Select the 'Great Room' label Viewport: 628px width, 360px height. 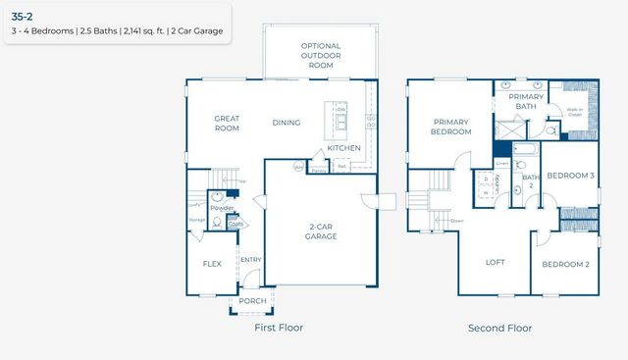227,123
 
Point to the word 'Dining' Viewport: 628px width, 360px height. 287,123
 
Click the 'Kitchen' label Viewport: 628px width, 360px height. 343,148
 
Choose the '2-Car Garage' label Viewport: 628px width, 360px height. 320,231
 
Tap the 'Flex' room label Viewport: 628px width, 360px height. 212,264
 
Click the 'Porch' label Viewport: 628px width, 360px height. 253,301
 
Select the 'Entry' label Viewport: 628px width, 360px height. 250,260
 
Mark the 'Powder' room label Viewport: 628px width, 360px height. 222,208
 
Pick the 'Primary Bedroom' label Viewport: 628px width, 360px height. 451,127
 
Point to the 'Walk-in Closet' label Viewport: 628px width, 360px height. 574,112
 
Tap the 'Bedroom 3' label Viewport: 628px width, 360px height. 569,176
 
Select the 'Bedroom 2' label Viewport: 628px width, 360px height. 566,264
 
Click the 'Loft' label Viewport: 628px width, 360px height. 496,262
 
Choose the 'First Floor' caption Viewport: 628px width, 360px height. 278,328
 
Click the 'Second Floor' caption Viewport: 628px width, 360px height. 500,328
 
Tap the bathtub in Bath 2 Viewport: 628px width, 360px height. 524,151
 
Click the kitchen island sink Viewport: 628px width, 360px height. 340,123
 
